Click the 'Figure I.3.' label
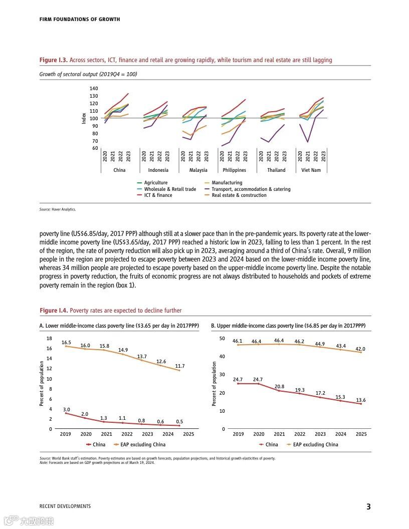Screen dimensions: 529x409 (53, 60)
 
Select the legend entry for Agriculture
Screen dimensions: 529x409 (155, 183)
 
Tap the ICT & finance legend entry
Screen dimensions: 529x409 (158, 195)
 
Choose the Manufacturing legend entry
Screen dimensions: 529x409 (227, 183)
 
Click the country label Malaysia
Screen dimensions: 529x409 (198, 170)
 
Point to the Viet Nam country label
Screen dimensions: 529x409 (311, 170)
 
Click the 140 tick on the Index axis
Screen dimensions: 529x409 (94, 88)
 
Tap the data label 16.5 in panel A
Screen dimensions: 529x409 (66, 343)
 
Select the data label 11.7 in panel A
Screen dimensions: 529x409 (180, 366)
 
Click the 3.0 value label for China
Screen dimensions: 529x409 (66, 410)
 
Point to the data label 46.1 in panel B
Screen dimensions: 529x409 (238, 341)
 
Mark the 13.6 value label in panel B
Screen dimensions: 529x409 (361, 400)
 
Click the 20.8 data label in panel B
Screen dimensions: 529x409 (279, 387)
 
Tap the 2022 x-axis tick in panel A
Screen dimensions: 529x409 (127, 434)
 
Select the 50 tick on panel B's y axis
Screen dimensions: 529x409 (222, 339)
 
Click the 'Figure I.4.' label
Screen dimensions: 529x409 (53, 311)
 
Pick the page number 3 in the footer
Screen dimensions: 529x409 (368, 506)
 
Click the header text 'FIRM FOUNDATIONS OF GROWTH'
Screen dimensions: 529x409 (80, 20)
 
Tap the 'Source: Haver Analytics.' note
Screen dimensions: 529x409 (58, 209)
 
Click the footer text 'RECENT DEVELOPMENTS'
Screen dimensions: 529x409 (65, 506)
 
